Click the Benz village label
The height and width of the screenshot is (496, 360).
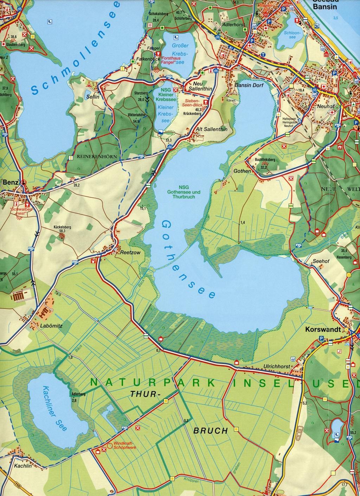point(10,183)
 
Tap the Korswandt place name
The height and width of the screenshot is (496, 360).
point(322,330)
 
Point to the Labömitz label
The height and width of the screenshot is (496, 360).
point(51,326)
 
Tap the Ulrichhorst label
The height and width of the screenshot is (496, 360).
point(277,367)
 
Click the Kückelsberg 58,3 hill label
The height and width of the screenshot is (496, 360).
point(62,229)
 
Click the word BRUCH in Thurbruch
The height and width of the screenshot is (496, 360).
point(211,431)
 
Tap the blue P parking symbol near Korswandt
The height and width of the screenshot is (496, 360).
point(321,338)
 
